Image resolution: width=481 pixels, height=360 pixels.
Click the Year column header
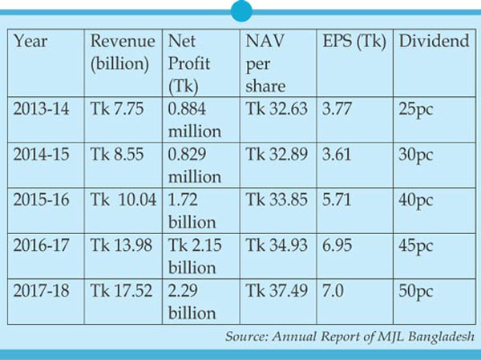tap(30, 42)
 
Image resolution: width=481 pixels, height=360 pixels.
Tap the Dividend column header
tap(434, 42)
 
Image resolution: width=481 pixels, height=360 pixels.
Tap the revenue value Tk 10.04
tap(123, 200)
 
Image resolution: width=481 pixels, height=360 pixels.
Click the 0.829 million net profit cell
tap(193, 164)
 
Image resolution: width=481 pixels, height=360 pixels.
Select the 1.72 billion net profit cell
tap(191, 209)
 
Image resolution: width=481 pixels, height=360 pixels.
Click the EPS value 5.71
tap(338, 200)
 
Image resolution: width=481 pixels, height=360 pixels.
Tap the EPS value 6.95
tap(338, 245)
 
